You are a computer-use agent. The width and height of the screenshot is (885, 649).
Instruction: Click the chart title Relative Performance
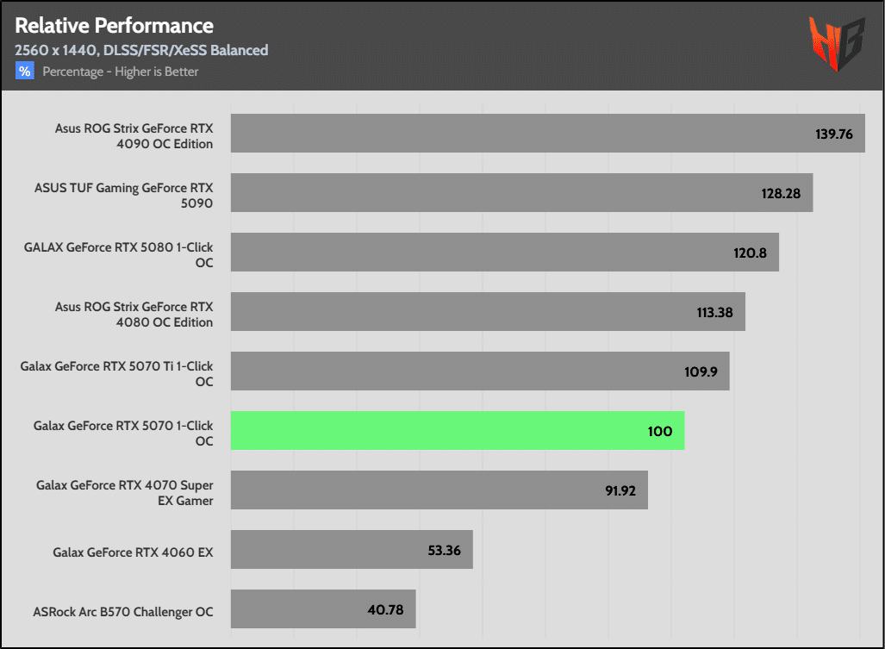click(x=114, y=25)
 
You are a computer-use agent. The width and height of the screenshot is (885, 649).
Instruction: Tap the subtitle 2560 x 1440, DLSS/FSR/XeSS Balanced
click(x=141, y=50)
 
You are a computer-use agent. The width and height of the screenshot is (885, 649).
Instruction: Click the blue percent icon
click(x=24, y=72)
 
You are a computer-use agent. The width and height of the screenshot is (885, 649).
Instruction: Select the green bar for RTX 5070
click(x=457, y=430)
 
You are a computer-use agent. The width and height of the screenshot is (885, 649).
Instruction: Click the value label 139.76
click(x=833, y=134)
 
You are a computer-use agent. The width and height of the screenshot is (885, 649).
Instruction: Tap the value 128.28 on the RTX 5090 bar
click(x=781, y=193)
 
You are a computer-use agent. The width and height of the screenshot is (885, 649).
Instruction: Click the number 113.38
click(x=714, y=312)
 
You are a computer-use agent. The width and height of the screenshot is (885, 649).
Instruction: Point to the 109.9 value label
click(x=701, y=371)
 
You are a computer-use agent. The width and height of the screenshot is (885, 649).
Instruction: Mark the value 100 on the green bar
click(x=660, y=431)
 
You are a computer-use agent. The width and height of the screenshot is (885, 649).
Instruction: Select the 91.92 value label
click(x=620, y=490)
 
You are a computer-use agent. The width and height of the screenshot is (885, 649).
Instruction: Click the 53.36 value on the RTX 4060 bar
click(x=445, y=550)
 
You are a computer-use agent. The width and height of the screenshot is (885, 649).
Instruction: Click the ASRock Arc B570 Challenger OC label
click(x=123, y=612)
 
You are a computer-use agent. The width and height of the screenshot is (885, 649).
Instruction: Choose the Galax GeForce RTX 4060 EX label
click(x=133, y=552)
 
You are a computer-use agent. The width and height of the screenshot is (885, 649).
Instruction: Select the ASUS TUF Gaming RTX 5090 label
click(x=123, y=196)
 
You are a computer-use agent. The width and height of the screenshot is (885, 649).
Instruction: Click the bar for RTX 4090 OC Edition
click(x=517, y=134)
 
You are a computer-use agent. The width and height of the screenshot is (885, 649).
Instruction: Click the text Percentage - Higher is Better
click(x=121, y=72)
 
